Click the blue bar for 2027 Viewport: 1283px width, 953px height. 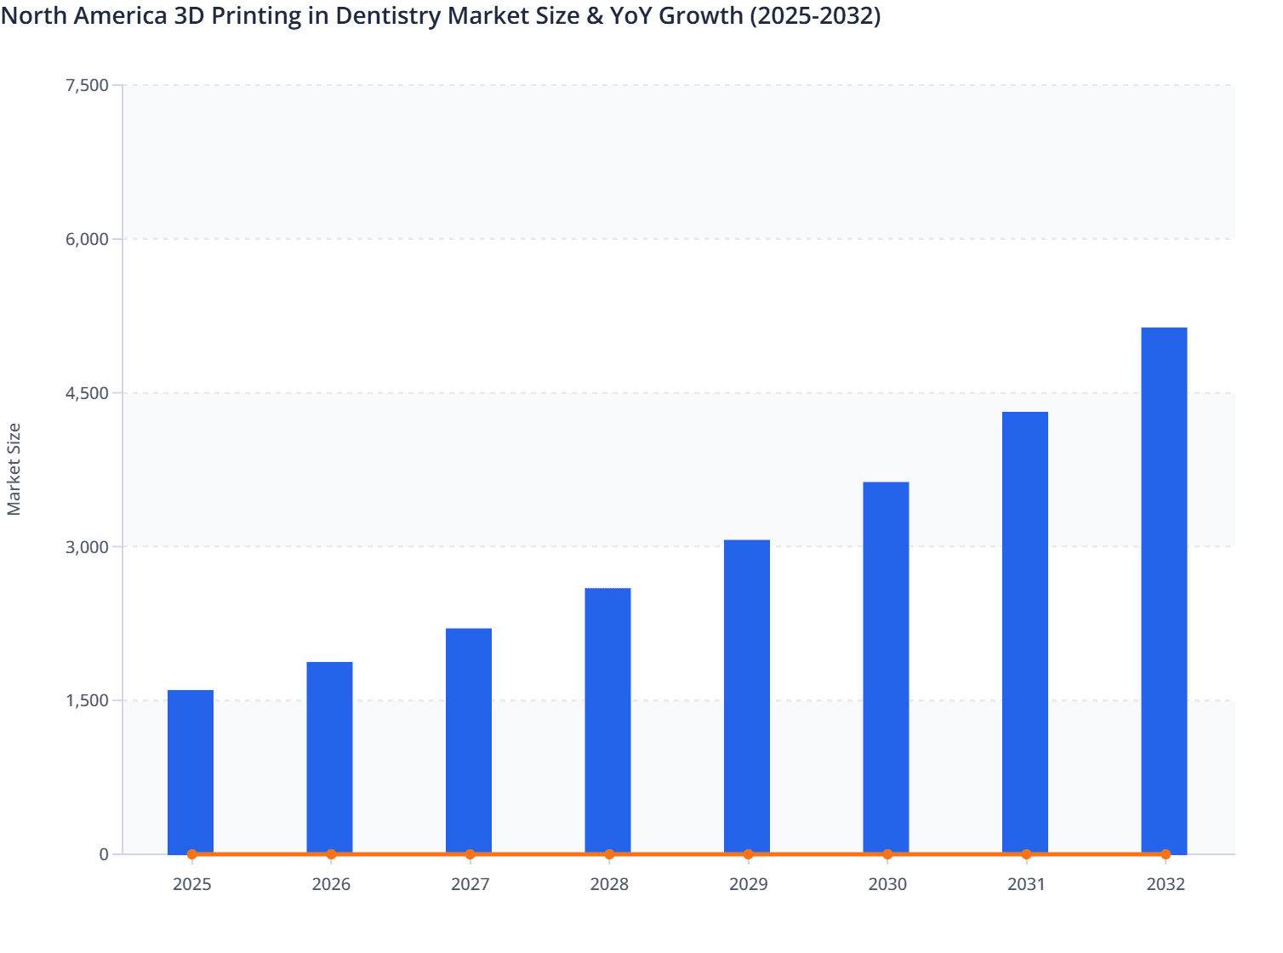coord(469,740)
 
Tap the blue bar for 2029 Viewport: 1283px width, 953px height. coord(747,696)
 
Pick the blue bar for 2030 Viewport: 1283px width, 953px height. coord(886,667)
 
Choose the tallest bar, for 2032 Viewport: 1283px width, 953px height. coord(1164,590)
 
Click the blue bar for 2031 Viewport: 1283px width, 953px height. coord(1025,632)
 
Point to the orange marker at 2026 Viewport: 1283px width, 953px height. coord(331,854)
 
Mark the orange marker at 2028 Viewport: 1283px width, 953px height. coord(609,854)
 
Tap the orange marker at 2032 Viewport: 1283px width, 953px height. coord(1166,854)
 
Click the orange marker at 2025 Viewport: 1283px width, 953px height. coord(191,854)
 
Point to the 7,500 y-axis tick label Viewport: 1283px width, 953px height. coord(87,85)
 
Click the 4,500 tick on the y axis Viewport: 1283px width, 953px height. coord(87,393)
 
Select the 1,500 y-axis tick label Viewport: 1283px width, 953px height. coord(87,700)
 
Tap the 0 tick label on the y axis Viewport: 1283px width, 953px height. coord(104,854)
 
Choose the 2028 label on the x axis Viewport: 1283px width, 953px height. coord(609,884)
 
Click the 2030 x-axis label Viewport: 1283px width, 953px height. coord(887,884)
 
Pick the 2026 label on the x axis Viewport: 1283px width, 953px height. coord(331,884)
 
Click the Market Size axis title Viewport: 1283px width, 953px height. coord(14,469)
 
